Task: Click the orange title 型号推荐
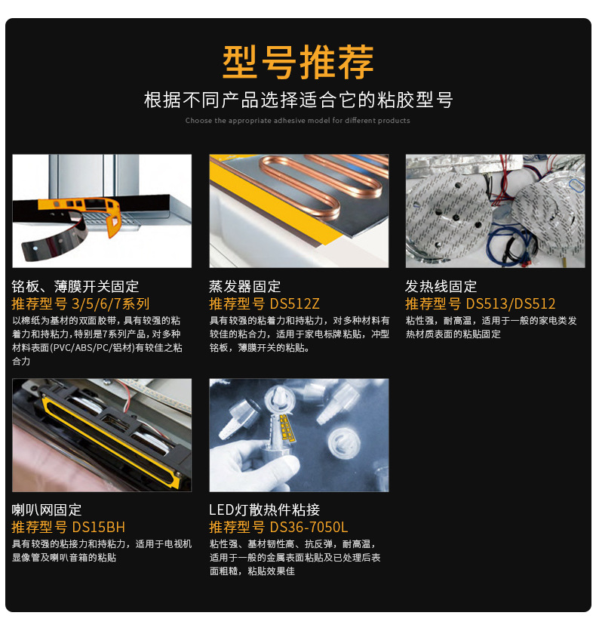298,61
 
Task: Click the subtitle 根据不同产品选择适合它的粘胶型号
298,100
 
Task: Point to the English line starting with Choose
298,121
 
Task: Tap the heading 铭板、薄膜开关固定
75,287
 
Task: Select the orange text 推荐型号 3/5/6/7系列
81,304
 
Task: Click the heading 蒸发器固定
244,287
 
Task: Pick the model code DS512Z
295,304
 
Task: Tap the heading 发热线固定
441,287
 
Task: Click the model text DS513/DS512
511,304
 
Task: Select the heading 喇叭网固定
47,509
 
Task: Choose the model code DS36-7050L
309,527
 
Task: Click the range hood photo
102,211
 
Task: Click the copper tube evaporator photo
299,211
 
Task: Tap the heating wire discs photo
495,211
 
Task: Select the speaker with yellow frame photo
102,435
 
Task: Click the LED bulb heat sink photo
299,435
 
